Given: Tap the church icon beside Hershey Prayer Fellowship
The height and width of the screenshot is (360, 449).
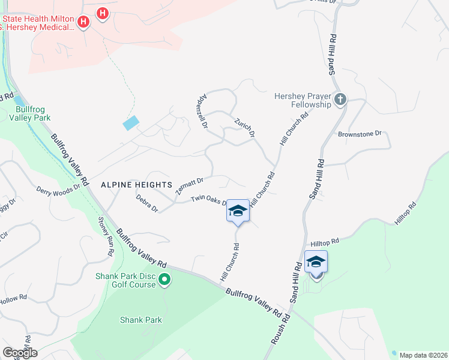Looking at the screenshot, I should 340,99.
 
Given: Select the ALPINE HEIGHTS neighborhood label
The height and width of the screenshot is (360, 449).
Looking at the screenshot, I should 136,184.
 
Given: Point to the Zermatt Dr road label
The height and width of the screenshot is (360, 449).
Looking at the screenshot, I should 190,185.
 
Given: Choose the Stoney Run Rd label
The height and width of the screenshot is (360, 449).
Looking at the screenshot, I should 106,235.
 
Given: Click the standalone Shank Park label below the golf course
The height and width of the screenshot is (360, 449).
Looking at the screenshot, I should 140,320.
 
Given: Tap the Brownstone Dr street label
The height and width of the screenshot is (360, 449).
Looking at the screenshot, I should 360,134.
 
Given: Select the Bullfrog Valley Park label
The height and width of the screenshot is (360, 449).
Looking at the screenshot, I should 33,114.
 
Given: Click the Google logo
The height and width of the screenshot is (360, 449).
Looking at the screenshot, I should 20,352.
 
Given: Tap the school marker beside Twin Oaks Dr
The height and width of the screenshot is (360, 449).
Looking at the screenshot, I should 238,211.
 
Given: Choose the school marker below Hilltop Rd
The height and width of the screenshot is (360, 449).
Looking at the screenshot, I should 316,263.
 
